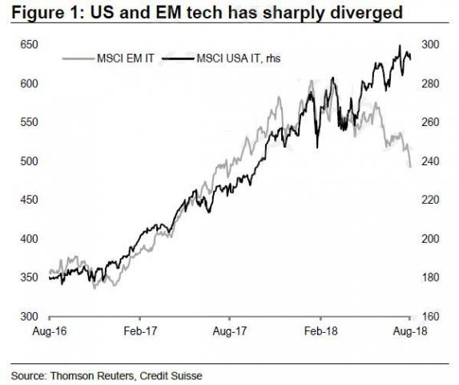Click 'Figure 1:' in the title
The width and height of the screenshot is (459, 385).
[39, 13]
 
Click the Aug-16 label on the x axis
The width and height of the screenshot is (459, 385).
[49, 330]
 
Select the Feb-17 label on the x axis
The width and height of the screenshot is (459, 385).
[139, 330]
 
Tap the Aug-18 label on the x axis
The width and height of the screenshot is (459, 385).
[409, 330]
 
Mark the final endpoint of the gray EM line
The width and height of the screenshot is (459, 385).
[410, 167]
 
